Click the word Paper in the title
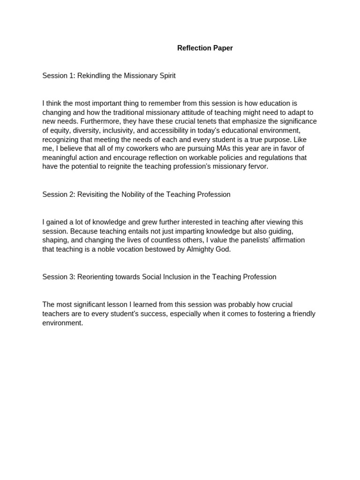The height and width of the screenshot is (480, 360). coord(223,48)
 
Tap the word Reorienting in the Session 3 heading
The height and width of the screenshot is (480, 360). coord(95,277)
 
